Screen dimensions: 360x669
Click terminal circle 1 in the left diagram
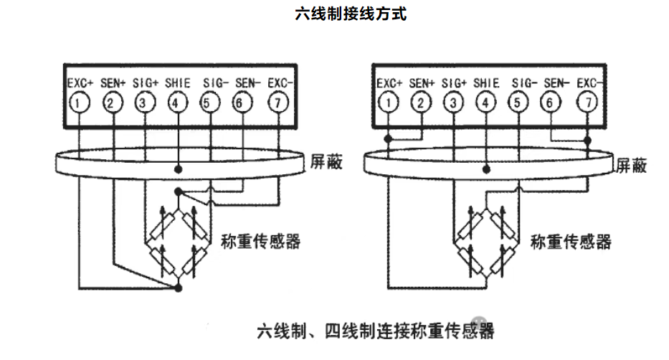pyautogui.click(x=79, y=103)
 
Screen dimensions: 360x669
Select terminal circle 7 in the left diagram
pyautogui.click(x=277, y=103)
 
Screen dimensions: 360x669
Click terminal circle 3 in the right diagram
pyautogui.click(x=454, y=103)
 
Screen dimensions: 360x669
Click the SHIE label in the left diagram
pyautogui.click(x=177, y=83)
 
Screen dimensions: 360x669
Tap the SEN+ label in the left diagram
pyautogui.click(x=113, y=83)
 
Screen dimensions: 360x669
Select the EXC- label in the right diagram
pyautogui.click(x=591, y=83)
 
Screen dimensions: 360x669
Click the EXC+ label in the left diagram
pyautogui.click(x=80, y=83)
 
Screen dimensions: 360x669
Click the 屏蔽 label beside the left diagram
pyautogui.click(x=326, y=163)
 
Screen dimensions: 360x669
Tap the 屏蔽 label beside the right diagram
pyautogui.click(x=632, y=166)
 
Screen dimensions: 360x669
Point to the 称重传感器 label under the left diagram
pyautogui.click(x=260, y=241)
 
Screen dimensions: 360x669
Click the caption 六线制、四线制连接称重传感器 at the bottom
pyautogui.click(x=375, y=331)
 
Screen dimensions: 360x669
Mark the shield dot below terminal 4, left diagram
pyautogui.click(x=178, y=169)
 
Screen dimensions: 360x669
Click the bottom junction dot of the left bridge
pyautogui.click(x=178, y=288)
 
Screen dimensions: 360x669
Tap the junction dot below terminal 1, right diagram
pyautogui.click(x=388, y=138)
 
